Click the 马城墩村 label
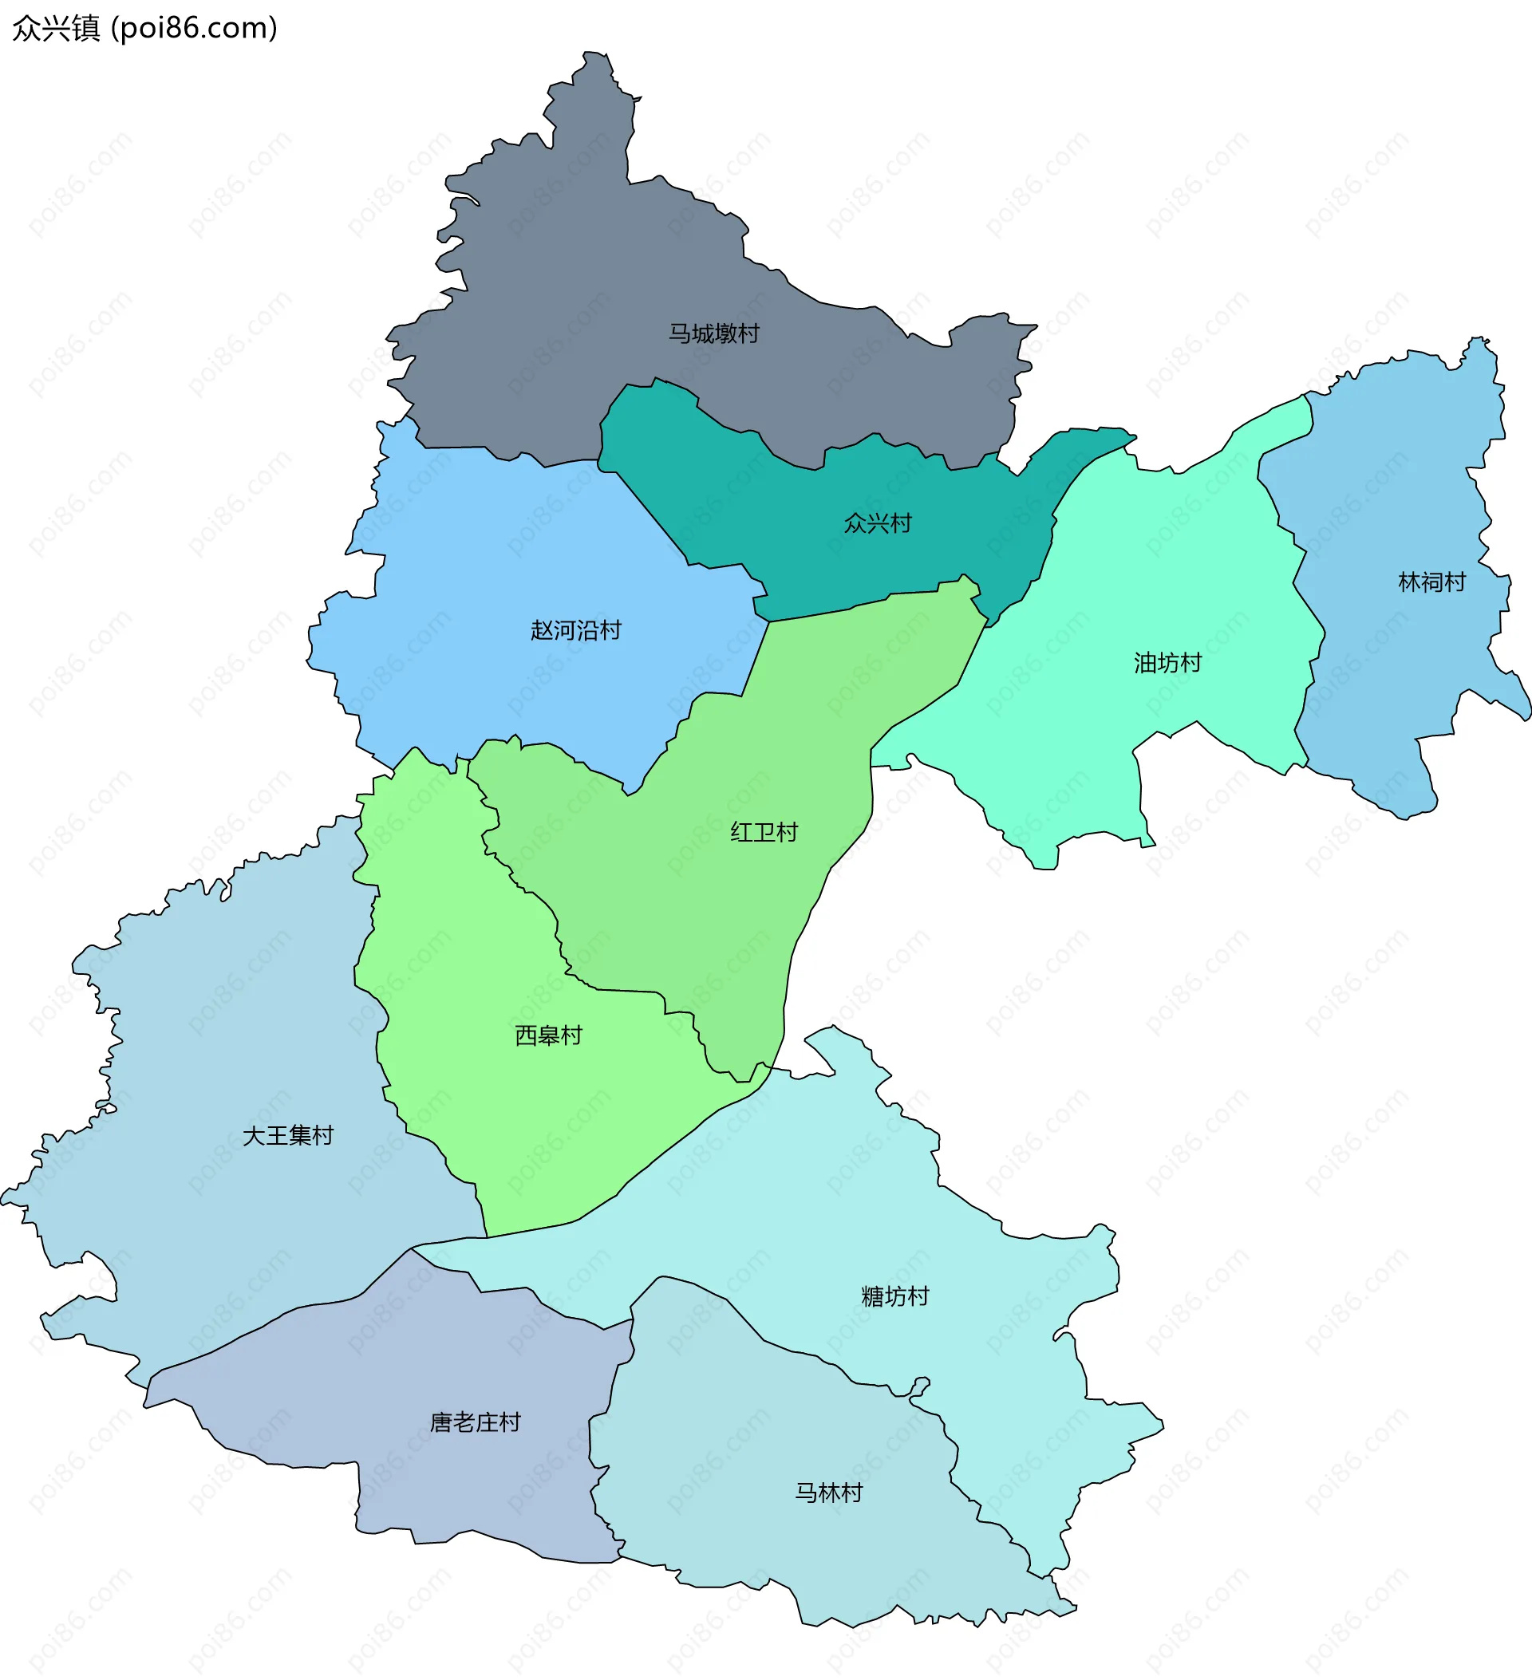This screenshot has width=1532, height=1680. [x=713, y=333]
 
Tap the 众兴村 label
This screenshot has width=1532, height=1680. [x=878, y=523]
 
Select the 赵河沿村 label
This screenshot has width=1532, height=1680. [x=576, y=630]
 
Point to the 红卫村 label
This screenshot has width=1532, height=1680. [x=764, y=832]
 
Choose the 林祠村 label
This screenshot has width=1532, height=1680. [x=1431, y=582]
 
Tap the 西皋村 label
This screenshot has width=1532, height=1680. [x=547, y=1035]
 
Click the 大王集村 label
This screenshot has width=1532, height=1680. [x=287, y=1135]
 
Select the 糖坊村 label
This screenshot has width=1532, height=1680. [x=894, y=1295]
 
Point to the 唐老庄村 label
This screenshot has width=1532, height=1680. [x=475, y=1422]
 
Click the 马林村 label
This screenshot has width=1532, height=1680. [x=828, y=1492]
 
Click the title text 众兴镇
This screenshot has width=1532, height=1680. [x=56, y=29]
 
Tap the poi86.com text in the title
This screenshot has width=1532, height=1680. [x=194, y=29]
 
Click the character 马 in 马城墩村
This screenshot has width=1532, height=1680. [x=680, y=333]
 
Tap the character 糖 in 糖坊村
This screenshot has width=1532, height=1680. [x=872, y=1295]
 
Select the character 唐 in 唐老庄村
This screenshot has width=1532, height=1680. [x=441, y=1422]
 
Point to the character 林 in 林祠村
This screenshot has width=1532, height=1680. [x=1408, y=582]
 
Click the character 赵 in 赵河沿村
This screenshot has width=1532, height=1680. [x=542, y=630]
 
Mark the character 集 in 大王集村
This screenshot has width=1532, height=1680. [x=299, y=1135]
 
